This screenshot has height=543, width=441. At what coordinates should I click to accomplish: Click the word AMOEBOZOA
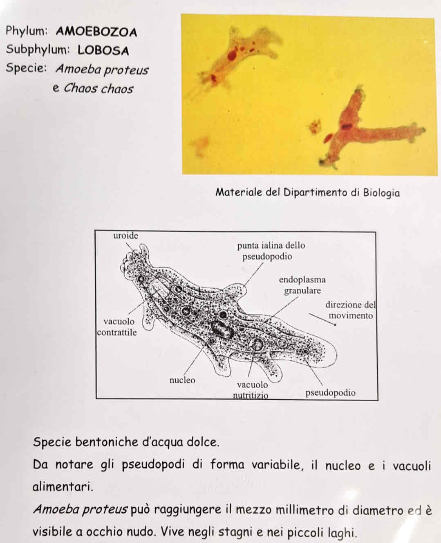tap(96, 32)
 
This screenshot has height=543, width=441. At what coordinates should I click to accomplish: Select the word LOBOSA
tap(103, 50)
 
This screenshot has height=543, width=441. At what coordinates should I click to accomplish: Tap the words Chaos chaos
tap(98, 88)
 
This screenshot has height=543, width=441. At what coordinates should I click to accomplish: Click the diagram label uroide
tap(125, 236)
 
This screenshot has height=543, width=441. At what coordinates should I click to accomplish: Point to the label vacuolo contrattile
tap(118, 327)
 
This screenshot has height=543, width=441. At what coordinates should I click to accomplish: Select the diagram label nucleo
tap(182, 380)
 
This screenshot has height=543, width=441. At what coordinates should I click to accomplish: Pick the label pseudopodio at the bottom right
tap(330, 393)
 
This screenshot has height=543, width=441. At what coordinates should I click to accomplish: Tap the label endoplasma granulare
tap(302, 285)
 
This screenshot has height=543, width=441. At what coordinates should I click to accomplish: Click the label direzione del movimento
tap(350, 310)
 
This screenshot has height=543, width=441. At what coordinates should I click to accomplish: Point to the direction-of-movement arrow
tap(323, 320)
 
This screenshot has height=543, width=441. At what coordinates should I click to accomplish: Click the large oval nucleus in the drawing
tap(221, 329)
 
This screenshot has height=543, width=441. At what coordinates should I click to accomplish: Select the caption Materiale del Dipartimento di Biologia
tap(307, 192)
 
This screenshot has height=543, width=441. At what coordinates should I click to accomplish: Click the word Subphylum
tap(37, 50)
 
